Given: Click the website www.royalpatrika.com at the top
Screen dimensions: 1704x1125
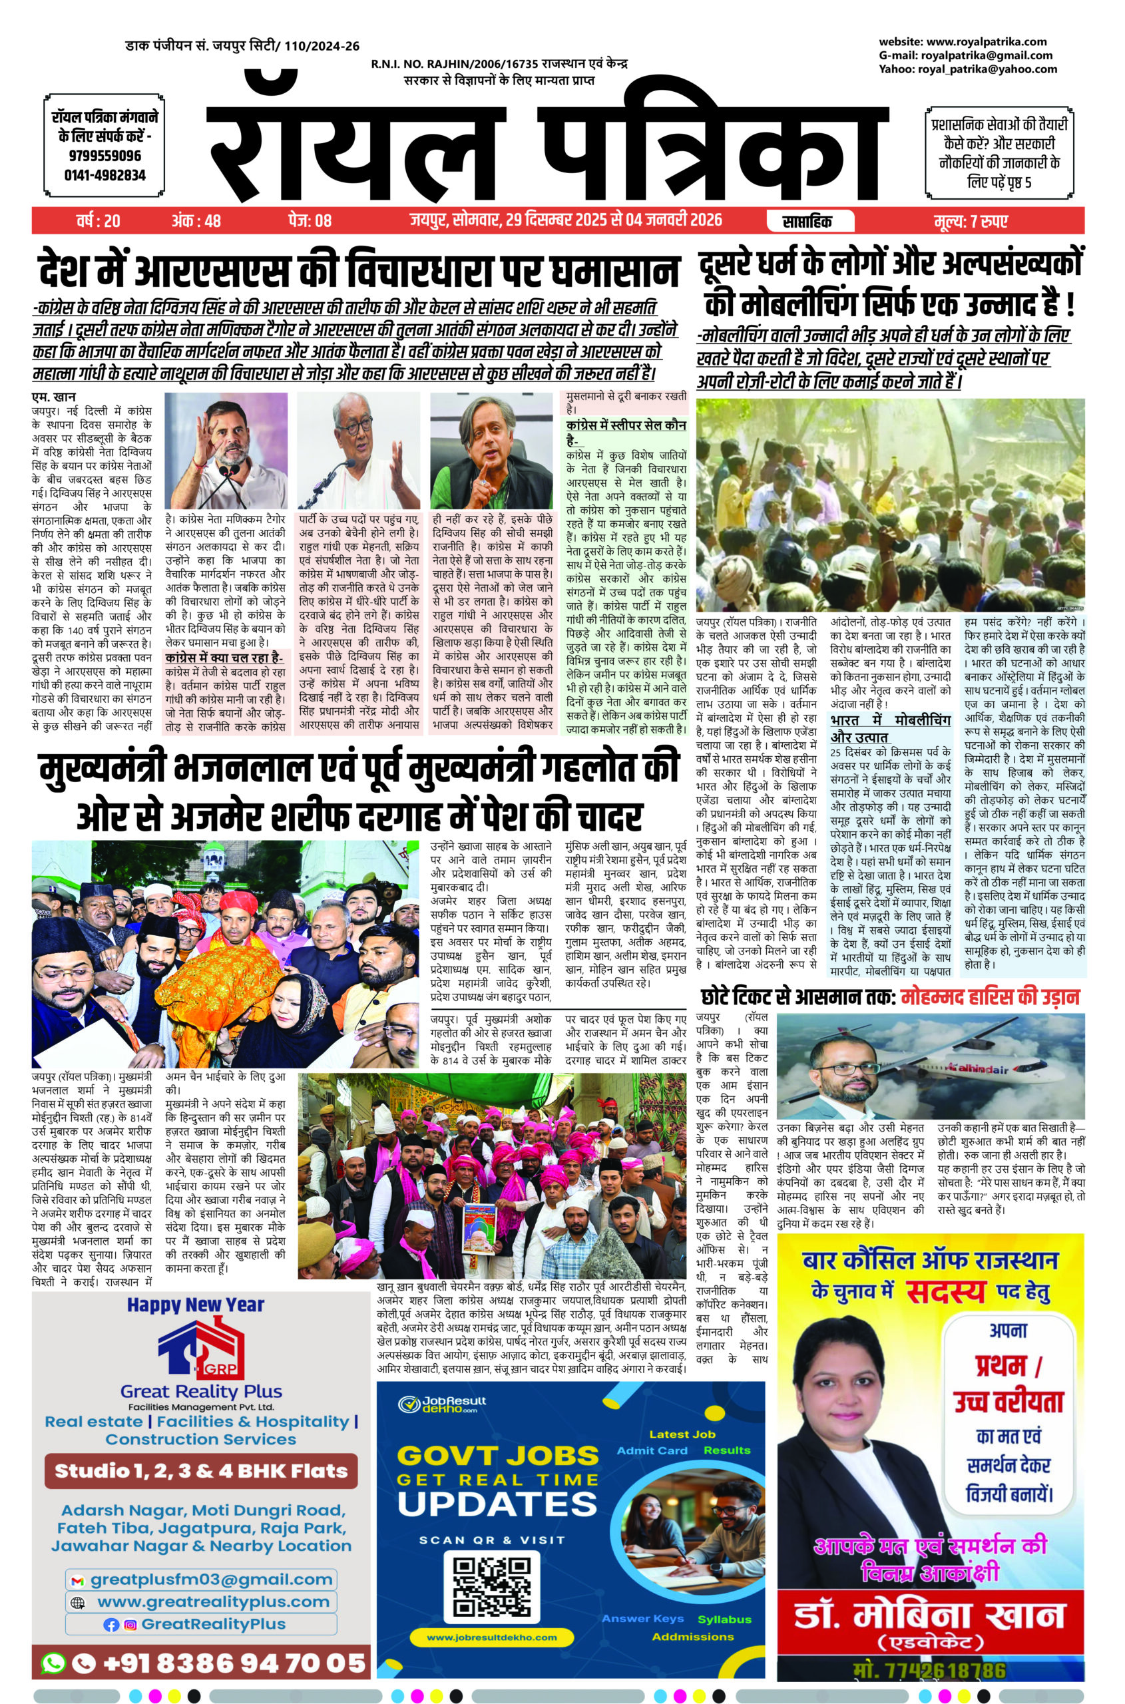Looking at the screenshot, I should [962, 42].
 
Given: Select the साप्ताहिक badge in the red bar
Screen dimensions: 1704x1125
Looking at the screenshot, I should [809, 221].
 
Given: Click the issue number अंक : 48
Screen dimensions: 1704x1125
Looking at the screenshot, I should [196, 221].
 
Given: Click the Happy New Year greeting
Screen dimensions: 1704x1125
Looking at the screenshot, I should [195, 1305].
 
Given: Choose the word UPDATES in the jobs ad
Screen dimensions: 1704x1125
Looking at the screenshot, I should [497, 1503].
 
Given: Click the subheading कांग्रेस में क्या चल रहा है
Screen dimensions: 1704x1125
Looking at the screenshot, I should [224, 657].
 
